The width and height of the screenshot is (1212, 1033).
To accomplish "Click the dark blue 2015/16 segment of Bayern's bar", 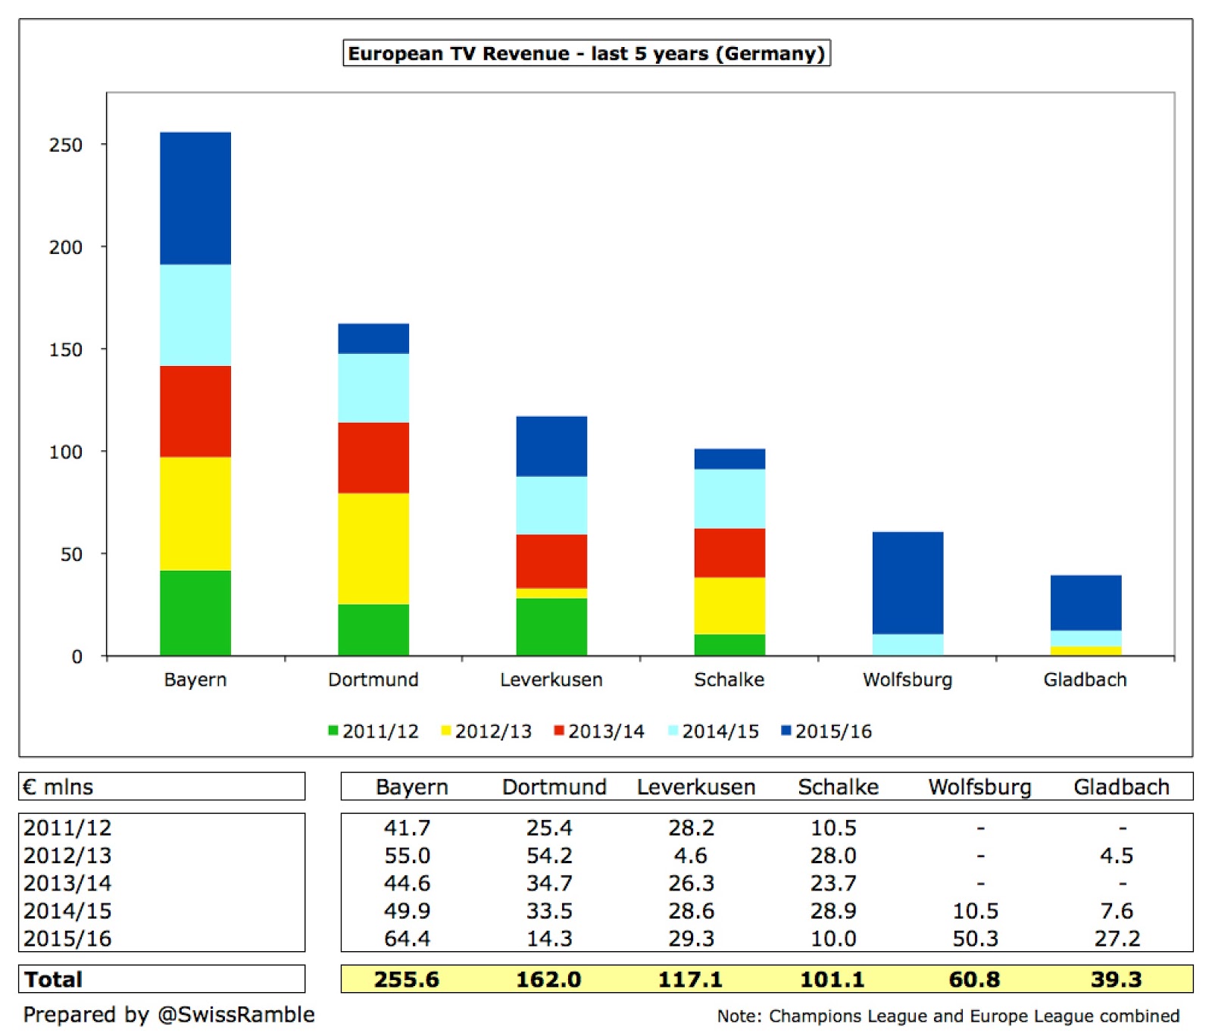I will point(195,199).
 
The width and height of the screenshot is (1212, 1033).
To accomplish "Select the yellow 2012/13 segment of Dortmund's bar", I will point(373,549).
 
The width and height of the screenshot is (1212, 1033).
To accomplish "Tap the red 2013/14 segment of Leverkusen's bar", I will point(551,561).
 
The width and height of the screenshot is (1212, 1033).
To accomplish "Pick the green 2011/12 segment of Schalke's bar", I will point(729,645).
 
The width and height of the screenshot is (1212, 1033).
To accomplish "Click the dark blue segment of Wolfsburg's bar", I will point(907,583).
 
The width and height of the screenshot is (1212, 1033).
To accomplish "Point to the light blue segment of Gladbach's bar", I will point(1085,638).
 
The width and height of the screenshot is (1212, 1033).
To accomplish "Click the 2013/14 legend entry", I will point(599,731).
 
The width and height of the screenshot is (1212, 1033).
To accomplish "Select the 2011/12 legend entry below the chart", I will point(373,731).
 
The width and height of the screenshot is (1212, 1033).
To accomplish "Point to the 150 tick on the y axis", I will point(66,349).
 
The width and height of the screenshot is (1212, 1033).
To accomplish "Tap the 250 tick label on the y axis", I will point(66,145).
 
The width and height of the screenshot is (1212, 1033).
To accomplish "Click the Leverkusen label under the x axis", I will point(551,680).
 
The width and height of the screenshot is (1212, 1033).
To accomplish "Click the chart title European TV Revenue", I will point(586,54).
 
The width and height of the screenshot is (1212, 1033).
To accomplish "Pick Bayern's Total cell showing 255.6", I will point(407,979).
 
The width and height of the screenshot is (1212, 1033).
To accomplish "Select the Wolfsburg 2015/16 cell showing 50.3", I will point(975,938).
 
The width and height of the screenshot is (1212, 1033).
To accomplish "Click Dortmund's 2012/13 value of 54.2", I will point(549,856).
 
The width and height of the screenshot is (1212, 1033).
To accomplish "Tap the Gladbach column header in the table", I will point(1121,787).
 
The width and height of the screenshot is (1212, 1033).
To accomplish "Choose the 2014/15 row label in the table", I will point(67,911).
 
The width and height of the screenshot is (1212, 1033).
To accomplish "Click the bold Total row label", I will point(53,979).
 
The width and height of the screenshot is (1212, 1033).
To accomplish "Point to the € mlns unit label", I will point(58,787).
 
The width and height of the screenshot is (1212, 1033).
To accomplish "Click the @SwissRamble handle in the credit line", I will point(236,1015).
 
